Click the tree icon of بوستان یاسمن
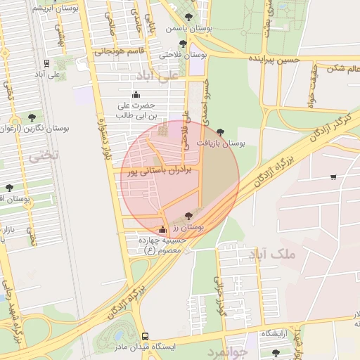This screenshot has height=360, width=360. [187, 17]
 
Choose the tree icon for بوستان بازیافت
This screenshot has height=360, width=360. [220, 131]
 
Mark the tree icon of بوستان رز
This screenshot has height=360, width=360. [188, 216]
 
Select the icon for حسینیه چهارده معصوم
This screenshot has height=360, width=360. [163, 229]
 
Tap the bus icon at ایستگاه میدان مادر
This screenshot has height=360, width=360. [145, 336]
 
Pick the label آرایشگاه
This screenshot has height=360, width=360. [277, 333]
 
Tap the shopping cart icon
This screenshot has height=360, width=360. [333, 177]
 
